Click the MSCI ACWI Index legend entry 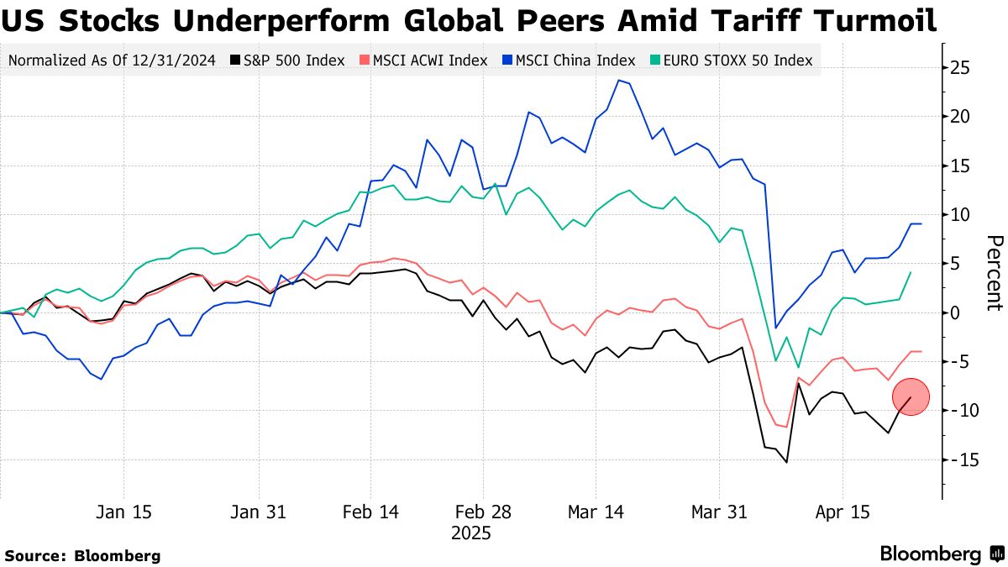click(x=423, y=60)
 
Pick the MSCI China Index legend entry click(x=568, y=60)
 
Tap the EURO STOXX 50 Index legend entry click(x=731, y=60)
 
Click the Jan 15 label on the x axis click(x=124, y=512)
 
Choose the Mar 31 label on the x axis click(x=718, y=512)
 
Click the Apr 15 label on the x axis click(x=843, y=512)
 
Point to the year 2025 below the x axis click(x=470, y=533)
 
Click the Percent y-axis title click(x=995, y=273)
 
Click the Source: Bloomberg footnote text click(x=82, y=555)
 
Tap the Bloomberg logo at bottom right click(x=941, y=554)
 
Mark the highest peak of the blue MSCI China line click(x=619, y=80)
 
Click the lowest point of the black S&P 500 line click(x=787, y=462)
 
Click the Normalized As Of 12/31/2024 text click(x=111, y=60)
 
